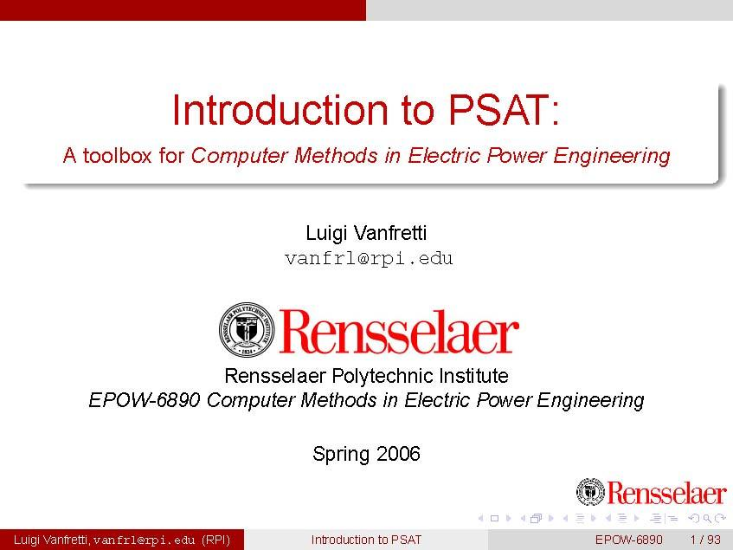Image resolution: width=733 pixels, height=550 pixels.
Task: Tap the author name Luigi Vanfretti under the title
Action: [366, 233]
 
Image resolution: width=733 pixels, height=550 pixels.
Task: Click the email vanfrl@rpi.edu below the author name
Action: [369, 258]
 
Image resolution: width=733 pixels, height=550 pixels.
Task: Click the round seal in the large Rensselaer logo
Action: [246, 330]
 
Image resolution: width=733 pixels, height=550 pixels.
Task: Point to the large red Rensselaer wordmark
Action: [399, 333]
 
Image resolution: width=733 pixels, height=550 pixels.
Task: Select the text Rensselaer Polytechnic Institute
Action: [366, 376]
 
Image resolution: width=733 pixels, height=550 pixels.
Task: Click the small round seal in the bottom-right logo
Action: [590, 492]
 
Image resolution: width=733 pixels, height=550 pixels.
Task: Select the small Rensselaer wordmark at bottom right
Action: [665, 493]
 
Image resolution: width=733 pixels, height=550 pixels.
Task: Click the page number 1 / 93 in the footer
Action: [706, 540]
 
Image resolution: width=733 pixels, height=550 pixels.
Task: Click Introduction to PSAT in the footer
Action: [366, 540]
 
